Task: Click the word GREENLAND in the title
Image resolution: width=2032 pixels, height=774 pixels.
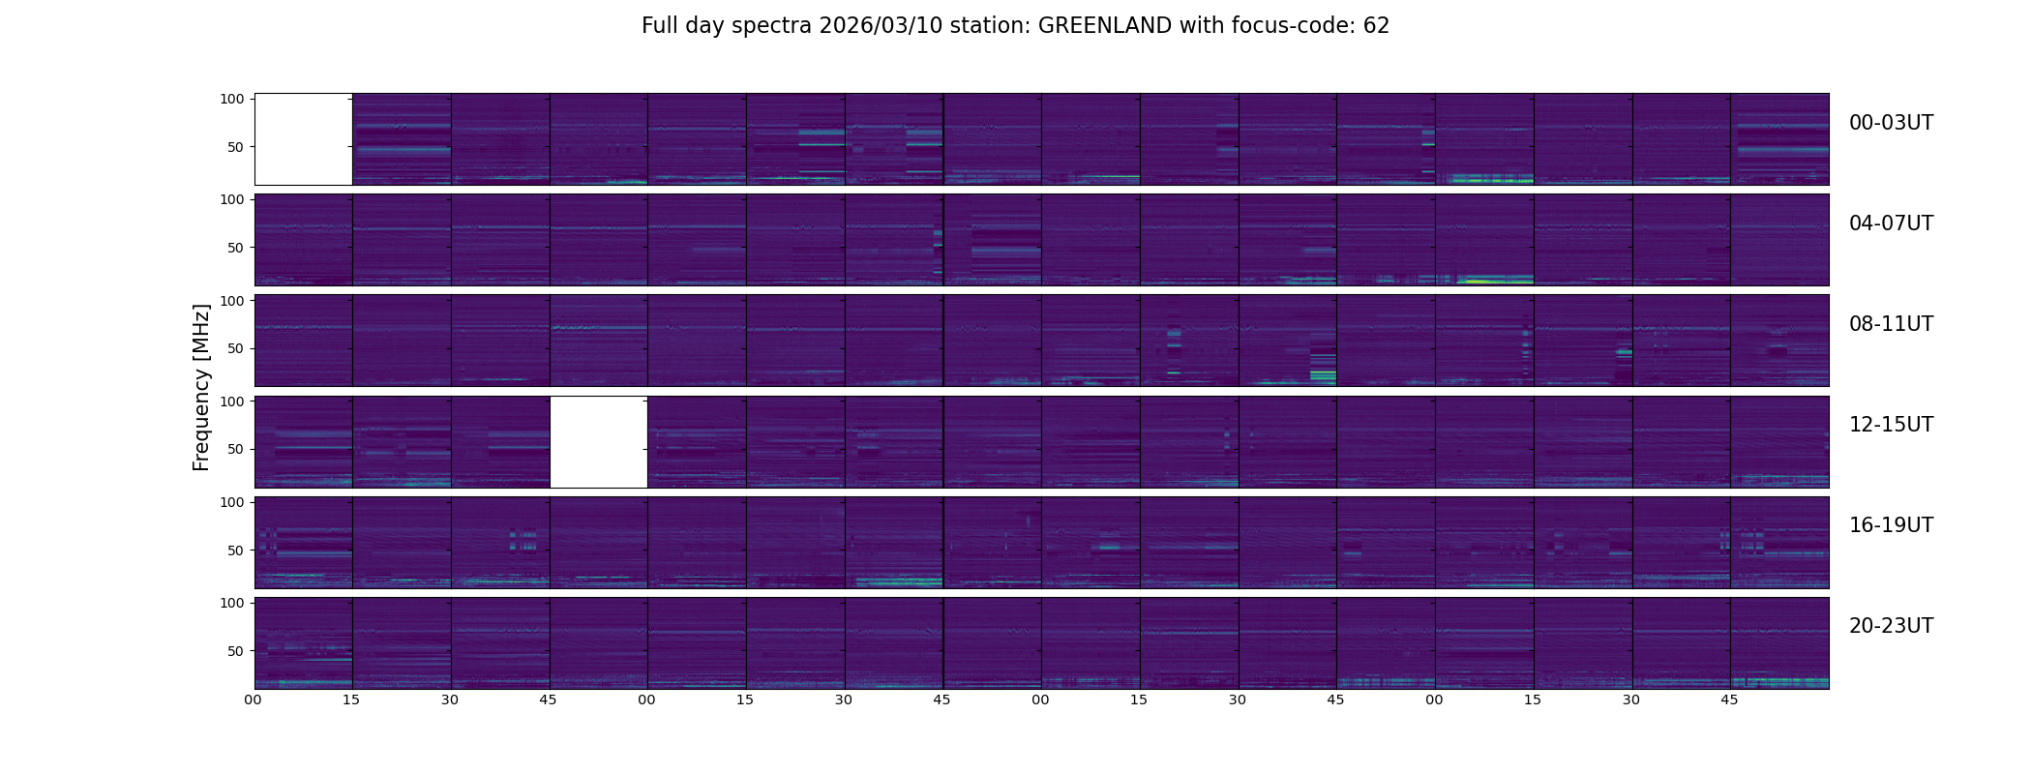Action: point(1104,26)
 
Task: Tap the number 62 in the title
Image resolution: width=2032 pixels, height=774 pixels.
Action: point(1376,26)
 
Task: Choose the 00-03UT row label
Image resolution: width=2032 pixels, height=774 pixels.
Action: point(1891,123)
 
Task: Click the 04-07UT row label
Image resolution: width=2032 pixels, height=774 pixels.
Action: point(1891,223)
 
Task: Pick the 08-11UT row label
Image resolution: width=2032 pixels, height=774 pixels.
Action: point(1891,324)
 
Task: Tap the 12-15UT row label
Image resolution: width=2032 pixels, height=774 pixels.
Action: point(1891,425)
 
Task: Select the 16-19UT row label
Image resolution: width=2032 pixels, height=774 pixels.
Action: point(1891,525)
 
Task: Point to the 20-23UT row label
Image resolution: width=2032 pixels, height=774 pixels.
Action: point(1891,626)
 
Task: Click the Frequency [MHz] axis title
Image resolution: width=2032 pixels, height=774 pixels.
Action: point(201,387)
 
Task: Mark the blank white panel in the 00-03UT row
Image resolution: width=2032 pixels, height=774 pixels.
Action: point(303,139)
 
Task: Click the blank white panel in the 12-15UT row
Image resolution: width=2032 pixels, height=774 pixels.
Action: point(598,441)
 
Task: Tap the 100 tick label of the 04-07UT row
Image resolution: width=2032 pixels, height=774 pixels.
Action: point(232,199)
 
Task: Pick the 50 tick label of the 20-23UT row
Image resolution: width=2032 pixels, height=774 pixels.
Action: point(236,651)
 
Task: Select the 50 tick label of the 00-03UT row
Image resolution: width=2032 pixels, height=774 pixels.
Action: point(236,147)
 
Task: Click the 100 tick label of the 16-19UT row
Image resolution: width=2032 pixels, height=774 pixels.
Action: point(232,502)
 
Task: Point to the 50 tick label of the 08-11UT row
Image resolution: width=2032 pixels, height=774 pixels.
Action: point(236,348)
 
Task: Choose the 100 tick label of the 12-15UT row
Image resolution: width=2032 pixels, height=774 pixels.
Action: point(232,401)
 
